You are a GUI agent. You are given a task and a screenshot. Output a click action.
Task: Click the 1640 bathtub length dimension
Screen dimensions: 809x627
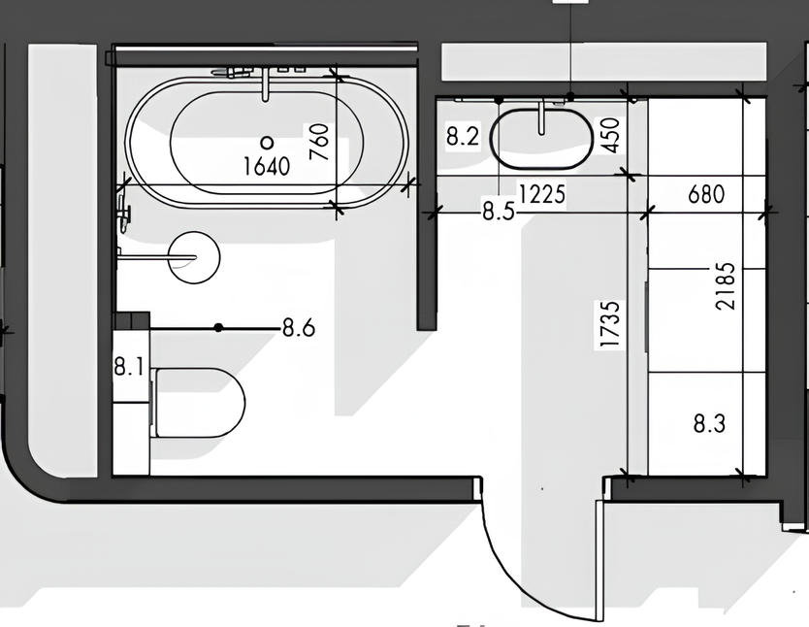(266, 166)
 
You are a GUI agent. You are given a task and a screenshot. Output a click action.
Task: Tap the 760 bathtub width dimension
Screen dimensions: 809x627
(319, 142)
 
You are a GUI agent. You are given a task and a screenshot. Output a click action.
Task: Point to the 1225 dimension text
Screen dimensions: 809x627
(541, 194)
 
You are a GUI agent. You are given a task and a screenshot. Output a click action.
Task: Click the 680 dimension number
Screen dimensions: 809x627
(706, 194)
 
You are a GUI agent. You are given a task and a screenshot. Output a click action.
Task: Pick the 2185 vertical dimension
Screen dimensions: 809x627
(726, 286)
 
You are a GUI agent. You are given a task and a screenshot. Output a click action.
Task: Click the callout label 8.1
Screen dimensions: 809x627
(128, 368)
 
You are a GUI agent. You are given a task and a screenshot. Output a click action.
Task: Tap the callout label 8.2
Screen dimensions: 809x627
(463, 137)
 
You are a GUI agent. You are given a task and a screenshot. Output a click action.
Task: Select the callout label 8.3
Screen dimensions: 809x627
(709, 424)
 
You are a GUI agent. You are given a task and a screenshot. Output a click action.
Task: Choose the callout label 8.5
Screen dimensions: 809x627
(499, 211)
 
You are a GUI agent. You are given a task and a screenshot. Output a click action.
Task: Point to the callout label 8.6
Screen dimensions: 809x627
(299, 328)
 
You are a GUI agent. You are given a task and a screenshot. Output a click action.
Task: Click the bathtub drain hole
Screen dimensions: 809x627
(267, 142)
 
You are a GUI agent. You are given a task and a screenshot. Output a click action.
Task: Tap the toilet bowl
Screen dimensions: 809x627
(198, 403)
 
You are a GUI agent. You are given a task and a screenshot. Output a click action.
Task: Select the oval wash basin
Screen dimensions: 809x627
(541, 138)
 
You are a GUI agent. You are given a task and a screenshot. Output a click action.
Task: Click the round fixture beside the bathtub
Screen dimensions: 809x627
(195, 257)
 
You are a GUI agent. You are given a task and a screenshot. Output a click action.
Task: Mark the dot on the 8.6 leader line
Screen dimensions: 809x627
(218, 327)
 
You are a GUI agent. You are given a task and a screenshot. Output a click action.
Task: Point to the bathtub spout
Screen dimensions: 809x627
(266, 84)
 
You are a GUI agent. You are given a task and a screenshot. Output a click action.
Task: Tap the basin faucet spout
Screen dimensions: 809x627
(541, 118)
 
